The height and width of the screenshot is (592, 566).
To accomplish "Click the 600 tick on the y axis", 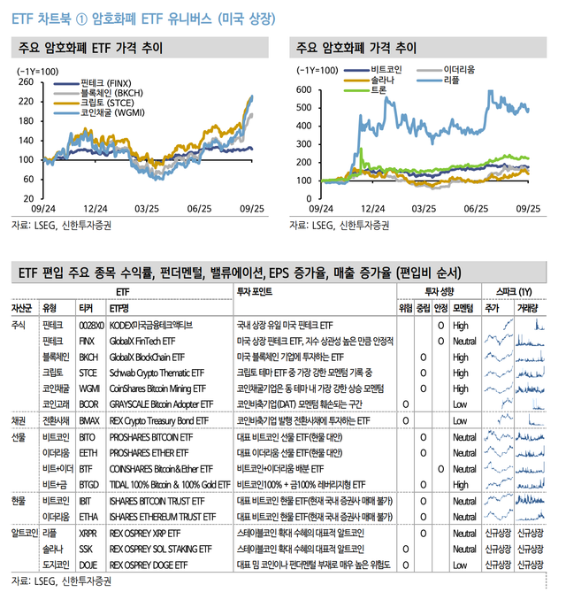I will (x=305, y=90).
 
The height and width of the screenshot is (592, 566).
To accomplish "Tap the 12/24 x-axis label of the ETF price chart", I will (x=96, y=210).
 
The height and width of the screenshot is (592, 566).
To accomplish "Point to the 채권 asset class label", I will (x=18, y=420).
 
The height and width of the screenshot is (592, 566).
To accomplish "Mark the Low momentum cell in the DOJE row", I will (x=459, y=565).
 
